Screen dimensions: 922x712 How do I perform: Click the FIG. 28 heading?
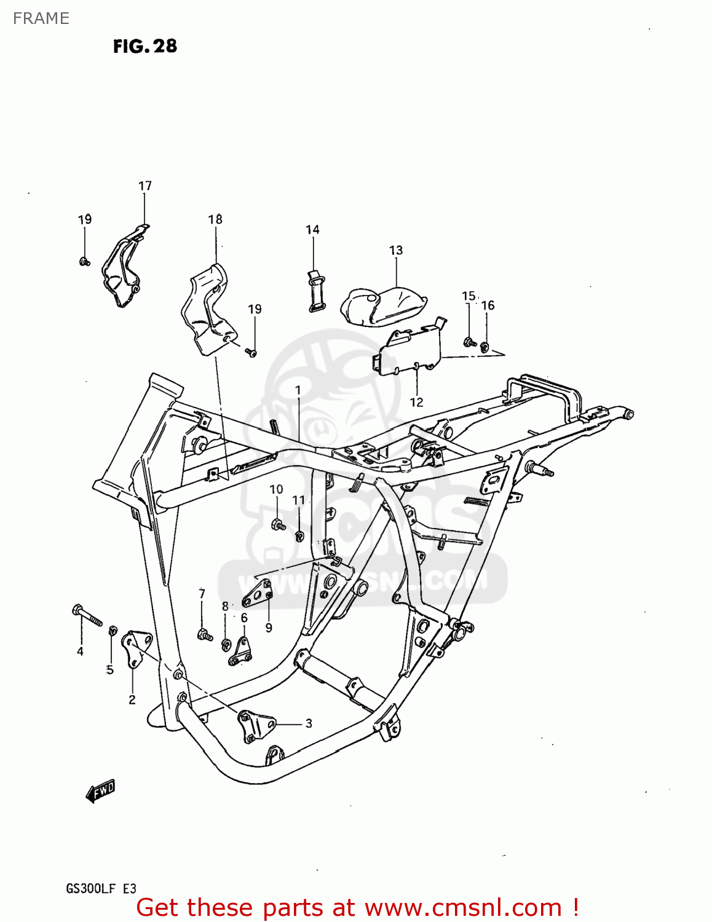click(145, 46)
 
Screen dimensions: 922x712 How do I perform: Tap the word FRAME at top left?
click(41, 18)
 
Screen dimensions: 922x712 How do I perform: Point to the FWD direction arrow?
click(100, 791)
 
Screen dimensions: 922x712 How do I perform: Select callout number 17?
click(145, 186)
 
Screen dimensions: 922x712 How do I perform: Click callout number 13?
click(396, 250)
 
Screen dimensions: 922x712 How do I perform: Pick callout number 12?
click(417, 402)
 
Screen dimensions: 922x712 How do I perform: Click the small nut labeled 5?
click(113, 631)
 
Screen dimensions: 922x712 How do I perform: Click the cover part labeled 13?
click(383, 305)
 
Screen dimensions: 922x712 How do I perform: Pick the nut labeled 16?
click(485, 348)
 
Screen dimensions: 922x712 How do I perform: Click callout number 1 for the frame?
click(298, 390)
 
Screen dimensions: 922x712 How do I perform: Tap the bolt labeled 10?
click(277, 525)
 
